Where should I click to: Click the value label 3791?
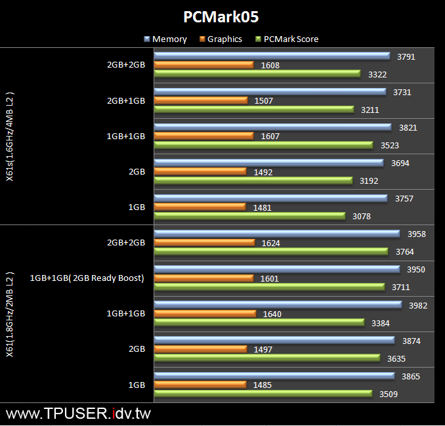click(x=406, y=57)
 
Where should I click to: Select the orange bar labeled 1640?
click(x=205, y=314)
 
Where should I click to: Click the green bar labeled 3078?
click(x=249, y=216)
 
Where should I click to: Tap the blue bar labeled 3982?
click(x=277, y=305)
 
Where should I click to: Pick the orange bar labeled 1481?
click(x=201, y=207)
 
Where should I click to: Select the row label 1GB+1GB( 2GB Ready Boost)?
click(x=87, y=278)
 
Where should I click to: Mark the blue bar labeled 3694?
click(x=268, y=163)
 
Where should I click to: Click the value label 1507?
click(x=263, y=101)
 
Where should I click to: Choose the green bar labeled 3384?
click(x=259, y=322)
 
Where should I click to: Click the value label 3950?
click(x=417, y=270)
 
